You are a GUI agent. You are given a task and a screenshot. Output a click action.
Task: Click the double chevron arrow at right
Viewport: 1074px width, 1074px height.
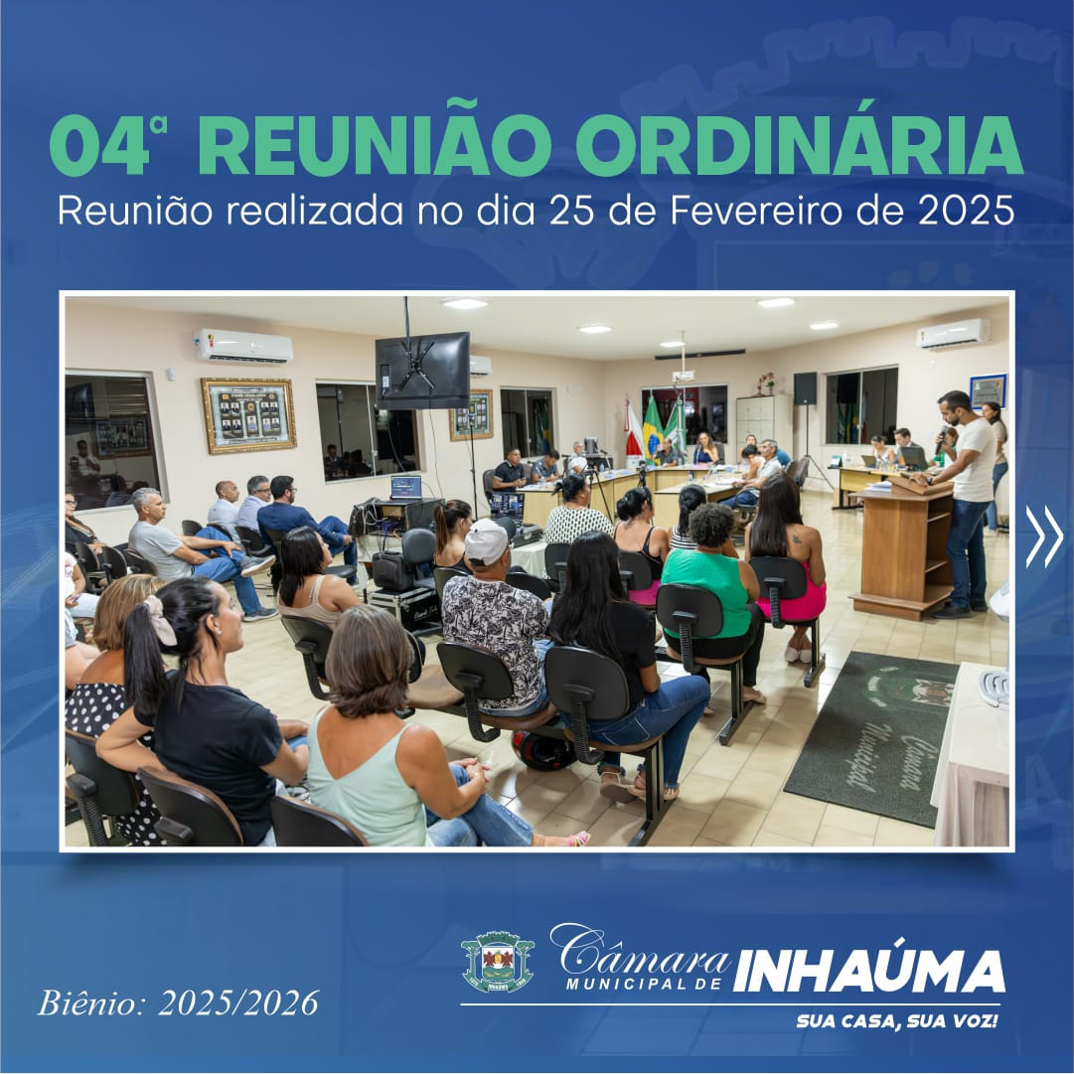point(1044,537)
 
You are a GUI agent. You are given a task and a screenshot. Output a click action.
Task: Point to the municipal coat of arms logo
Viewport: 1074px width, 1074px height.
point(498,962)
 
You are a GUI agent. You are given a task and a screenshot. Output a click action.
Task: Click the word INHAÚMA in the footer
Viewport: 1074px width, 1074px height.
point(868,971)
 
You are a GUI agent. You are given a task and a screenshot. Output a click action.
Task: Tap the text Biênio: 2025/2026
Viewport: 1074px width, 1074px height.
point(178,1002)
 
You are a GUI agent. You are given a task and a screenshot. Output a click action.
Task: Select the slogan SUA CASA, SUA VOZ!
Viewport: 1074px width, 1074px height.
point(896,1020)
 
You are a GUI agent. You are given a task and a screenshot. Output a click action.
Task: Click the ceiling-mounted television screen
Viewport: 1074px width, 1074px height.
point(422,371)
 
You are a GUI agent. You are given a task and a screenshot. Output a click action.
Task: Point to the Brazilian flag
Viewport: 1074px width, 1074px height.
point(652,429)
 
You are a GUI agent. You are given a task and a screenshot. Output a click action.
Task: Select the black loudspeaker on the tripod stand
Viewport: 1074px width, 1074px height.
point(805,388)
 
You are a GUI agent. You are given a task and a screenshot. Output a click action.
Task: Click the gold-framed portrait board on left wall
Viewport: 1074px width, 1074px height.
point(248,415)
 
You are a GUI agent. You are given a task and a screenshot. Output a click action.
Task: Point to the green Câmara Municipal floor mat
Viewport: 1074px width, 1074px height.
point(871,736)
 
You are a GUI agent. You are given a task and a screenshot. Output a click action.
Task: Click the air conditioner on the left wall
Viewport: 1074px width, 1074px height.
point(243,346)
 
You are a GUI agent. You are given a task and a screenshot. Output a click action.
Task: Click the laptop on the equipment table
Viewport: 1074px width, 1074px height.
point(405,488)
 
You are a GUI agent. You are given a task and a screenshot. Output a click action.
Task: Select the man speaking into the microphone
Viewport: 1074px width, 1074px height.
point(965,504)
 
